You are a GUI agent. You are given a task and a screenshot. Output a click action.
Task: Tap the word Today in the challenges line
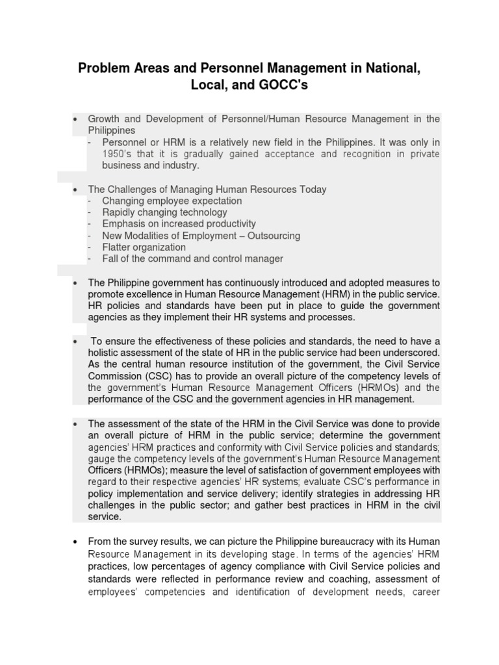[311, 189]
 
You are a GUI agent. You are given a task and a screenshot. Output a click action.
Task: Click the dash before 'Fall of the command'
[90, 258]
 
